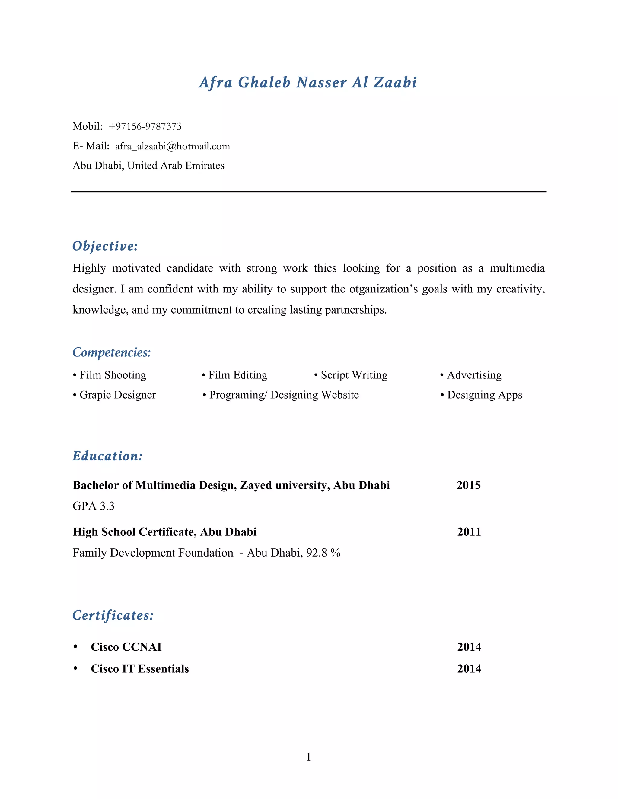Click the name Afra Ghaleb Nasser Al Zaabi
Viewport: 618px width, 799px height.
pos(308,82)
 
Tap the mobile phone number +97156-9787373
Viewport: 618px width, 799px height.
pos(145,127)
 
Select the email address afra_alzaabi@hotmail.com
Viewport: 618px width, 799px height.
pos(172,146)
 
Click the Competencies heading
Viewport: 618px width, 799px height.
pos(112,352)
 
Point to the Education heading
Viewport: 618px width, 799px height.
pos(107,456)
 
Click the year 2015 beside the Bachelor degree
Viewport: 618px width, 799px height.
pos(469,485)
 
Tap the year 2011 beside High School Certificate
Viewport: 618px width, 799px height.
pos(469,532)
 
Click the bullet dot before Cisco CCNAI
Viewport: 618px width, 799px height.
pos(75,647)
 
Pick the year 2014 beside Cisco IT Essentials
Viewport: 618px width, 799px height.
pos(469,669)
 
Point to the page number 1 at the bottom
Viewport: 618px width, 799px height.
pos(309,756)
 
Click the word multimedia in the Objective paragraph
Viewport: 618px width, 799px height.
pos(517,268)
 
